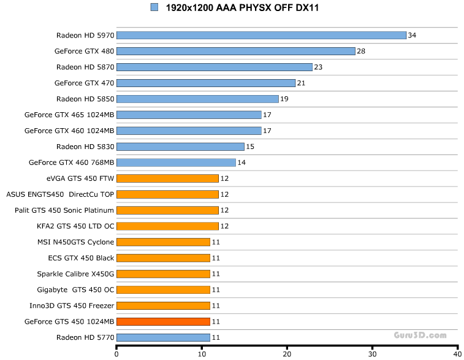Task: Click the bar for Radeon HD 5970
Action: [x=261, y=35]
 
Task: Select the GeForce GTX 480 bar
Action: [x=235, y=51]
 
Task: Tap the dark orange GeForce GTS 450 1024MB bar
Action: [x=163, y=321]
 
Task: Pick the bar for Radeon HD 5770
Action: [x=163, y=337]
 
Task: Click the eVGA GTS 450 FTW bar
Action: [x=167, y=178]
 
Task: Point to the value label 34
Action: [x=412, y=35]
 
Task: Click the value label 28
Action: [x=361, y=51]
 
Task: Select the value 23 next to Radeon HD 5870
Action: [x=318, y=67]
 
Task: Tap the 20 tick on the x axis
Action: [x=287, y=354]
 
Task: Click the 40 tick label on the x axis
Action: [x=457, y=354]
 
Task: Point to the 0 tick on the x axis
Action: [x=116, y=354]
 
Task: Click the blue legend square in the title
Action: [x=154, y=7]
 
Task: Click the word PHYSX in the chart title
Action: [x=246, y=8]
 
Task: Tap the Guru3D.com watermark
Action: [x=420, y=335]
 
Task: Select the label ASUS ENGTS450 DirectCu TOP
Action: [x=60, y=194]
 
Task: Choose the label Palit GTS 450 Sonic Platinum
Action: [x=64, y=210]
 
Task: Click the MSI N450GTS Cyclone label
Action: [x=75, y=242]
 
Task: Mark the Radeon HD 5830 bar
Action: [x=180, y=147]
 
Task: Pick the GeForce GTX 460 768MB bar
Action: [x=176, y=163]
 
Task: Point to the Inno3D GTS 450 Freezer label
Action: [x=72, y=305]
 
